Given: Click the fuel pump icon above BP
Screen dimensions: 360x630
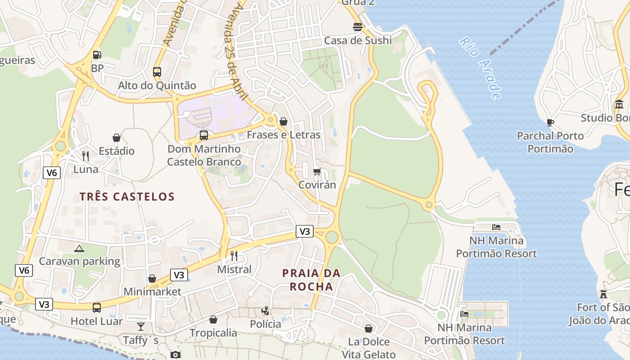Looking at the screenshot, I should click(97, 55).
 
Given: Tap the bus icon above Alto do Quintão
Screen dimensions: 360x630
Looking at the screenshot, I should click(157, 72).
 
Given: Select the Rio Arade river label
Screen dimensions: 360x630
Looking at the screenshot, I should click(480, 68).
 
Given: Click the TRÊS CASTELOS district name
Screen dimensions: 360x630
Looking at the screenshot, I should click(127, 197).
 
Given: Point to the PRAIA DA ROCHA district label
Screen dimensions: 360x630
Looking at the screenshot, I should click(311, 280).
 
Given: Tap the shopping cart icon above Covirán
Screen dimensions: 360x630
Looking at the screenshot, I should click(317, 171).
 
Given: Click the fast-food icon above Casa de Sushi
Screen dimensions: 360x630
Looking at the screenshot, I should click(358, 27).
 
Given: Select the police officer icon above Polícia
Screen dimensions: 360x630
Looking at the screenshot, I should click(265, 310).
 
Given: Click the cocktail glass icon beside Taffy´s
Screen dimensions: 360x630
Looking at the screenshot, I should click(141, 327).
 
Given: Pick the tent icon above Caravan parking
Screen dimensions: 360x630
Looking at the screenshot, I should click(79, 248).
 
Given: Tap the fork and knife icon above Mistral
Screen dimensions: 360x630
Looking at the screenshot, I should click(234, 256).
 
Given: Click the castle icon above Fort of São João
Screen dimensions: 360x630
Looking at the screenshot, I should click(603, 294).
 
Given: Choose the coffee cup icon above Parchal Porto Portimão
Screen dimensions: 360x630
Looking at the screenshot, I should click(550, 122).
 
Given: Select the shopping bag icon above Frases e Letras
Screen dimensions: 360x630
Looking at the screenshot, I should click(283, 121).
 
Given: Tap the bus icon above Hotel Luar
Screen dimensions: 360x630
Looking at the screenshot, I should click(97, 308).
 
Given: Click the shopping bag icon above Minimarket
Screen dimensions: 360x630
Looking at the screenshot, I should click(152, 279).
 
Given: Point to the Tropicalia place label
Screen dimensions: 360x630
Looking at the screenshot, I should click(213, 333).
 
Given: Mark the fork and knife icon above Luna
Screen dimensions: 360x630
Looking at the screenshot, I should click(85, 156).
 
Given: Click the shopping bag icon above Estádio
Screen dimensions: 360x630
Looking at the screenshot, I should click(117, 138).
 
